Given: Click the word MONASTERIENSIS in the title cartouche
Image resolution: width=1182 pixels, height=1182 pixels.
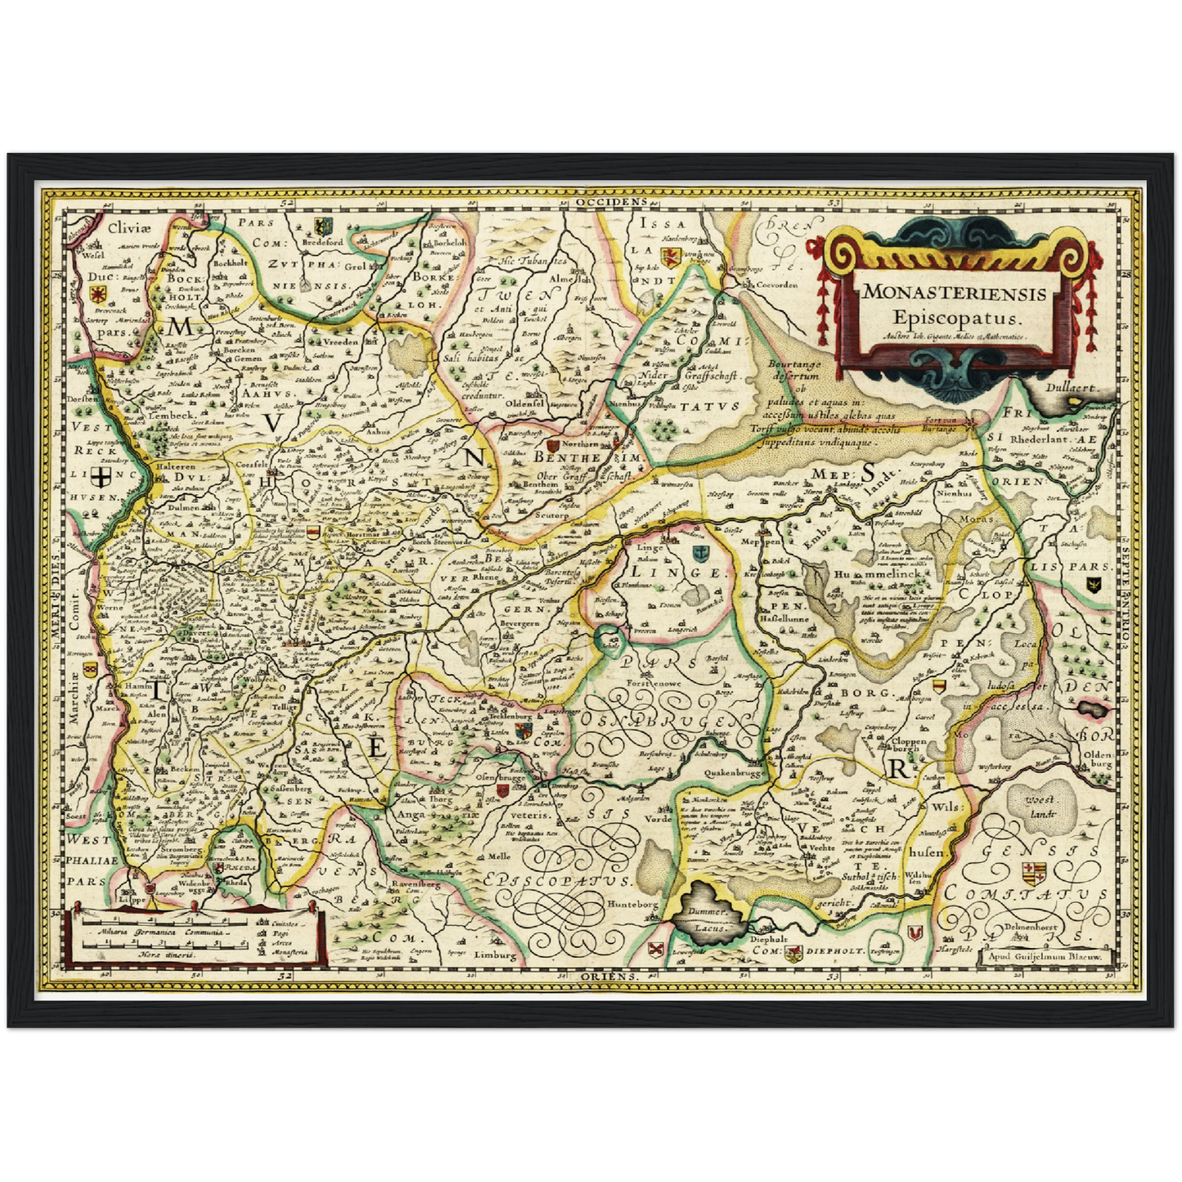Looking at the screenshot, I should [x=955, y=292].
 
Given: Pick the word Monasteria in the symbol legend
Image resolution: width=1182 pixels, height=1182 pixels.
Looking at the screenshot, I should [x=290, y=952].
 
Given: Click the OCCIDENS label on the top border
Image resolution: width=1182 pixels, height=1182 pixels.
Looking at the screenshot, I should [x=609, y=200].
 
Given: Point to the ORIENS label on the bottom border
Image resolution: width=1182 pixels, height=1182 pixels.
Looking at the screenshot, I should [x=609, y=978].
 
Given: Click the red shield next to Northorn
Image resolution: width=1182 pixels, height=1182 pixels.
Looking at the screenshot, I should [x=551, y=444].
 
